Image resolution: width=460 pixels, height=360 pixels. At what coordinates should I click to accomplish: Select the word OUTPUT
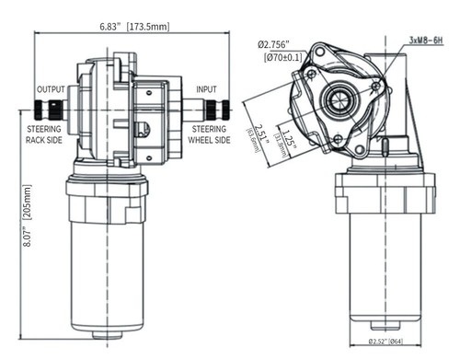[x=50, y=89]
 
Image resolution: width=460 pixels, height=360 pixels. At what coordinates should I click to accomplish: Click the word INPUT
[x=205, y=89]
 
